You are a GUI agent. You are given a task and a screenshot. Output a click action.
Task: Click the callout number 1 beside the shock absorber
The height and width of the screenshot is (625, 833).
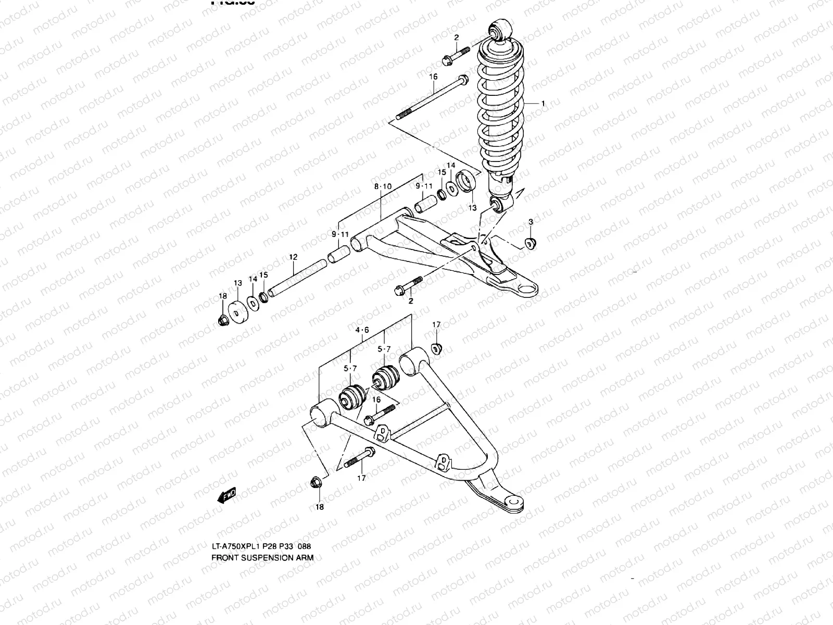543,104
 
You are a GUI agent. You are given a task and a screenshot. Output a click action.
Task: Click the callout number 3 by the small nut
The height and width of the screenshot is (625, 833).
531,222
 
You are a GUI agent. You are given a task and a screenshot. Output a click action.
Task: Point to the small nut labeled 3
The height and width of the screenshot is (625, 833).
530,243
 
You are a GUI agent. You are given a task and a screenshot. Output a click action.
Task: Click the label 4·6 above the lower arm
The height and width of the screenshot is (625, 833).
362,330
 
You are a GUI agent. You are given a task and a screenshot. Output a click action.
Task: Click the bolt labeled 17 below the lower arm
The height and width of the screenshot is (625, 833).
359,458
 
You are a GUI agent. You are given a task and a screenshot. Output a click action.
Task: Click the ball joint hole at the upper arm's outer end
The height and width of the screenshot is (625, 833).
527,288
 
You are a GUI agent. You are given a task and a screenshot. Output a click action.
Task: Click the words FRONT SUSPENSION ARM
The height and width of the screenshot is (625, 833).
262,557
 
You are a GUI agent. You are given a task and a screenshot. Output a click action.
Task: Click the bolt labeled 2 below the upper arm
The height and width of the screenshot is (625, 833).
409,285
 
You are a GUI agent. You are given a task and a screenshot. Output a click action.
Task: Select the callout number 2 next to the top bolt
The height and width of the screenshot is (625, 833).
456,37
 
